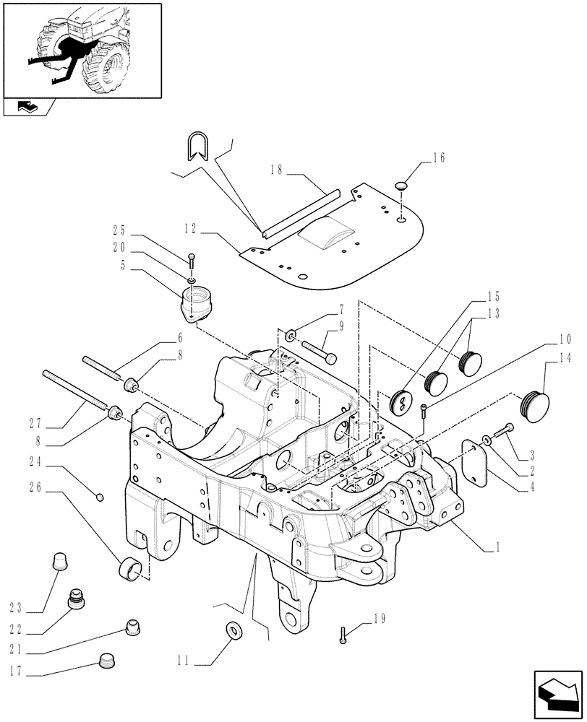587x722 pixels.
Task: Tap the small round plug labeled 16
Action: (x=402, y=187)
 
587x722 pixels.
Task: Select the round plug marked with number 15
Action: (x=401, y=401)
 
